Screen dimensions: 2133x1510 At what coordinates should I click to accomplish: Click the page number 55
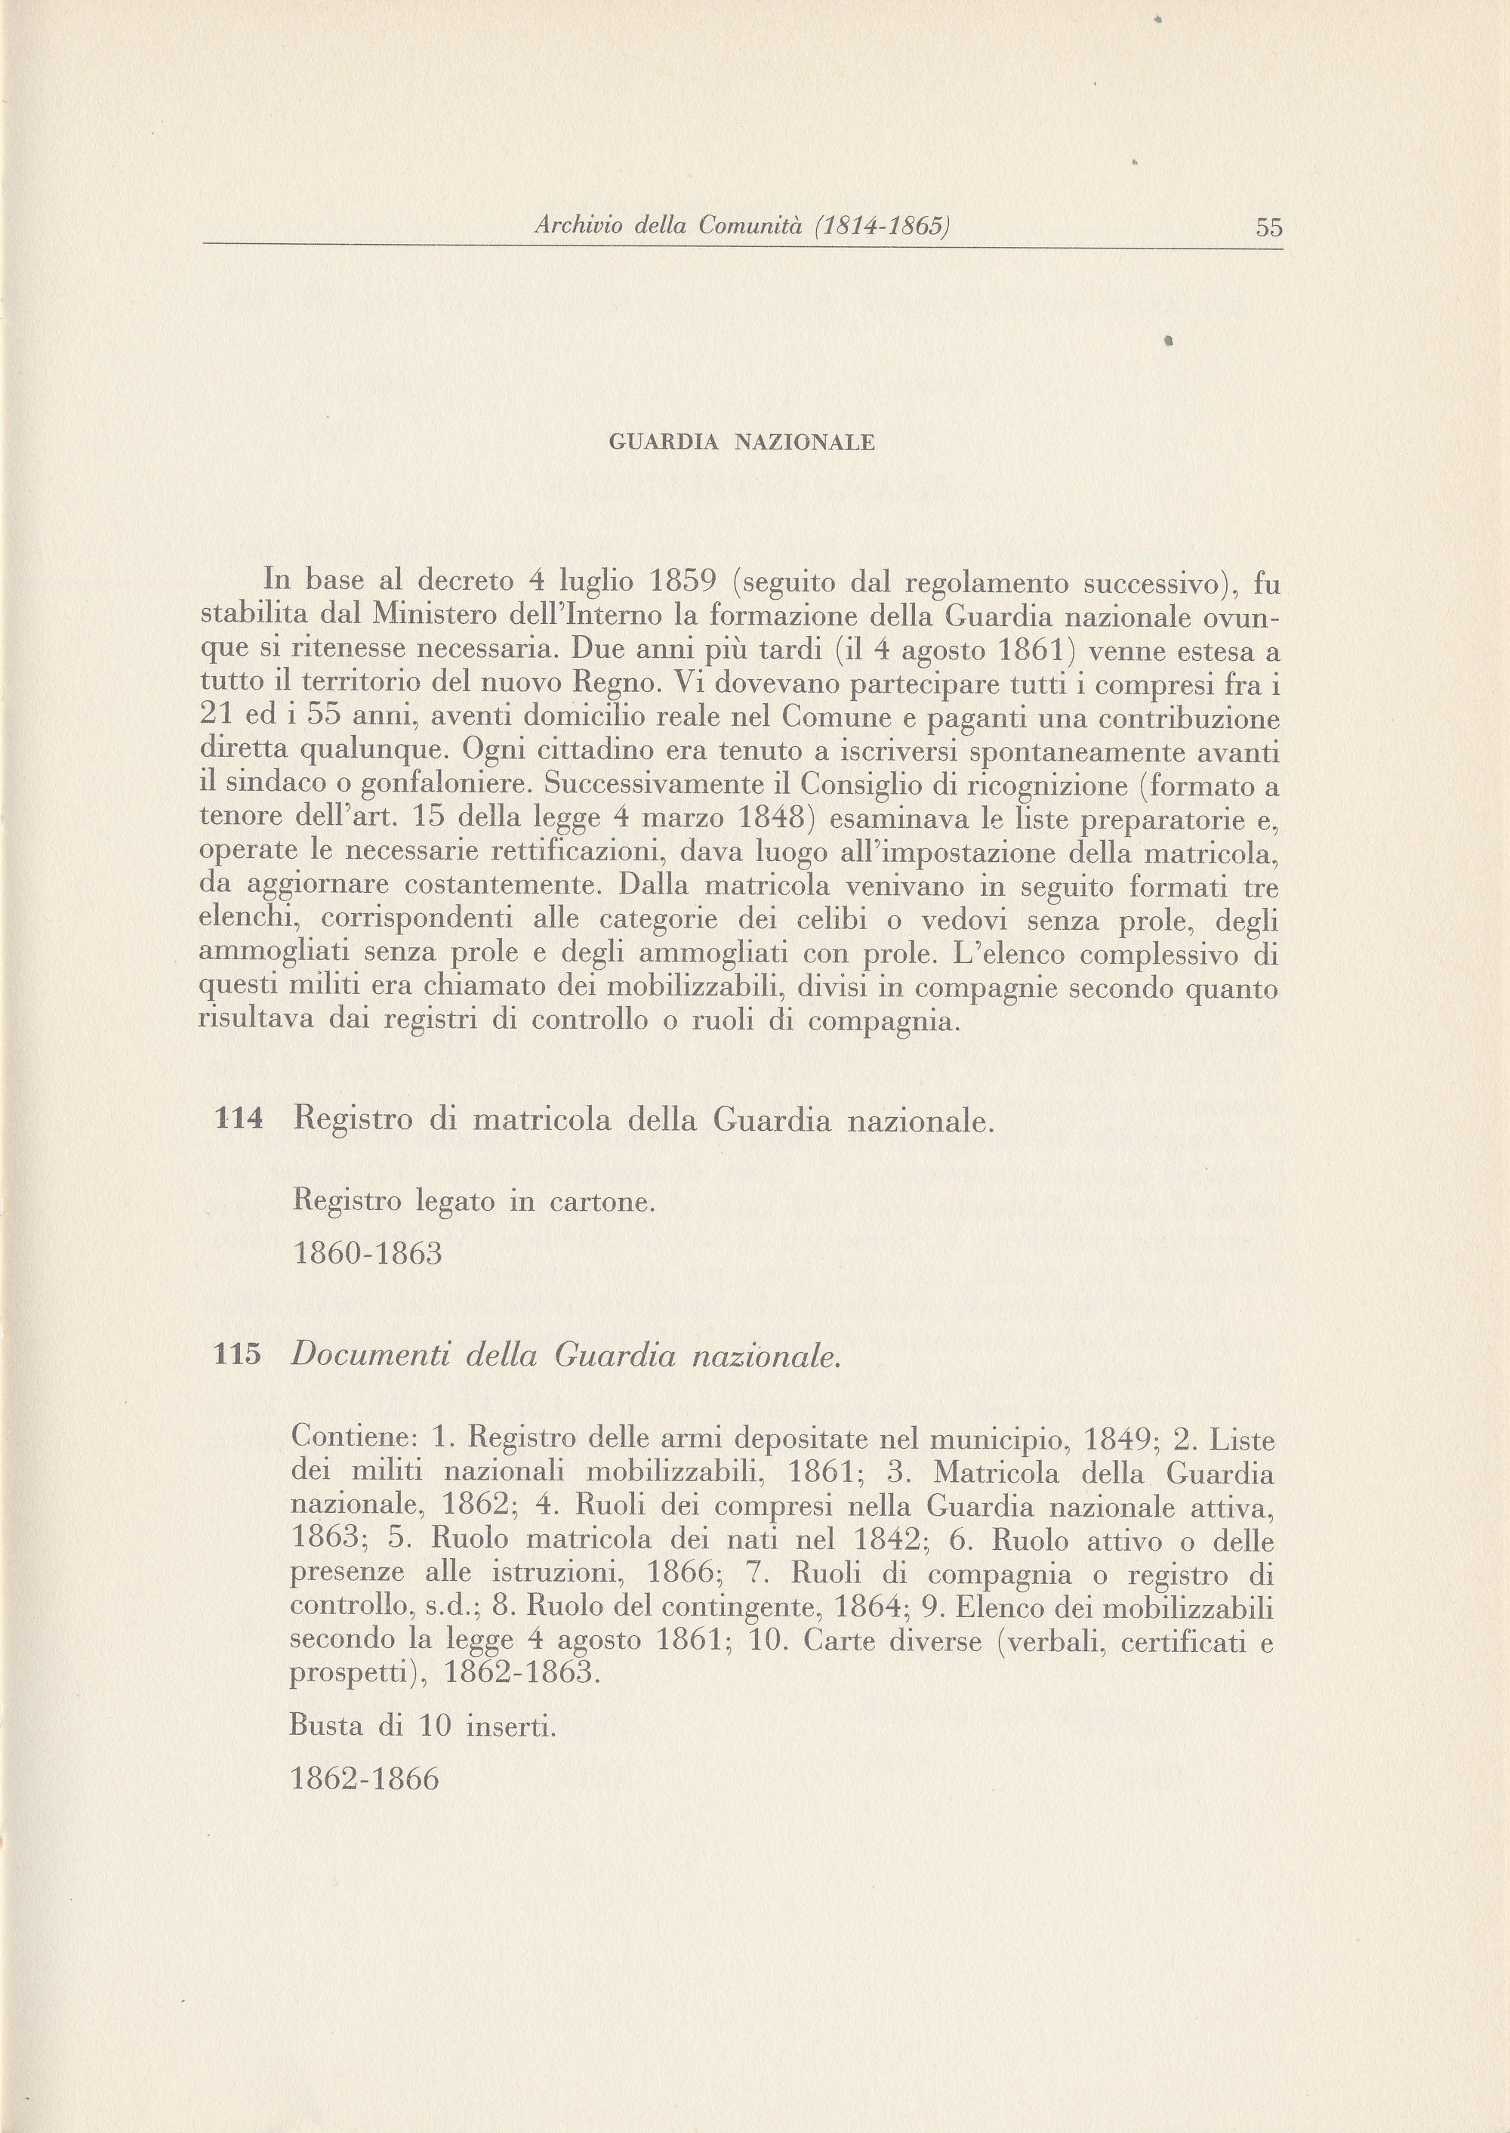coord(1268,227)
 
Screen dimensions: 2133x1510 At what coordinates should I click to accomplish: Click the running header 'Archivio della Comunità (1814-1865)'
coord(741,226)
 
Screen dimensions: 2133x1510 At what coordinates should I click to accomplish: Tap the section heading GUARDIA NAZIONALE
coord(741,443)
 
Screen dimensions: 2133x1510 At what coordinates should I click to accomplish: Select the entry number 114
coord(239,1120)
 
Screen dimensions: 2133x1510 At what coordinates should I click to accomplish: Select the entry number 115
coord(238,1355)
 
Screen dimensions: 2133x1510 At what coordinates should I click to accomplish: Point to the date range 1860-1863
coord(367,1254)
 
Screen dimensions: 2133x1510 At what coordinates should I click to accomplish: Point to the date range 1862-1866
coord(365,1779)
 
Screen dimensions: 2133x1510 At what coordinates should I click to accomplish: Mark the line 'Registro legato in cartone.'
coord(474,1201)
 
